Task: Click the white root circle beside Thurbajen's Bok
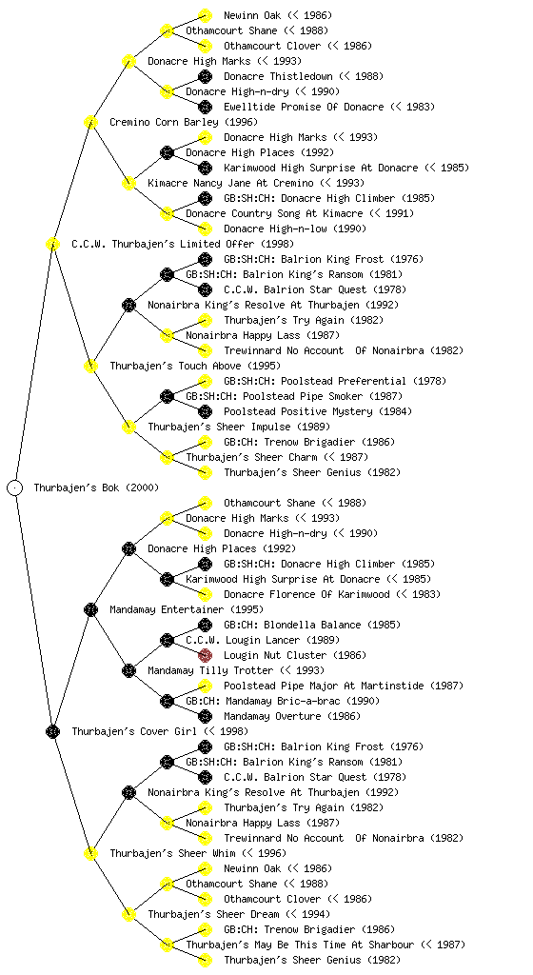click(15, 487)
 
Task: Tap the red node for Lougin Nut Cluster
click(205, 655)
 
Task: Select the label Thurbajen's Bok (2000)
click(96, 487)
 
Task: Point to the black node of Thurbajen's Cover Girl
click(52, 731)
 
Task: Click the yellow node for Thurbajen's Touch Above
click(90, 366)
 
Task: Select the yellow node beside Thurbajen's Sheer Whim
click(90, 853)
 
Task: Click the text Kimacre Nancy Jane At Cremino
click(230, 183)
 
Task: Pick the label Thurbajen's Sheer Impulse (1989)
click(239, 427)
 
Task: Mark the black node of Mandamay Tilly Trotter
click(128, 670)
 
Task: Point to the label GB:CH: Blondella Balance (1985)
click(312, 625)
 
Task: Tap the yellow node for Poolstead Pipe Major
click(205, 686)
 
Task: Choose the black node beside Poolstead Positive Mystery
click(205, 411)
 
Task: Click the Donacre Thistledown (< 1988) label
click(304, 76)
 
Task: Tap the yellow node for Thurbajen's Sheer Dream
click(128, 914)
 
